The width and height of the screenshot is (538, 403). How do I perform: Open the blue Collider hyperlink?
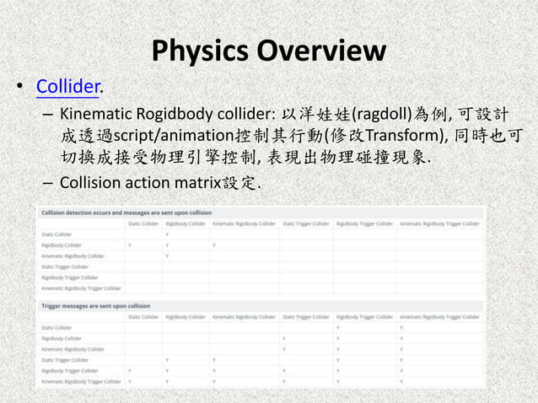tap(68, 86)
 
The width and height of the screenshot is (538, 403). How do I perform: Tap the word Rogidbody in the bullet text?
tap(178, 115)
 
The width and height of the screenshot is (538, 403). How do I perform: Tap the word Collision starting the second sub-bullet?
tap(92, 183)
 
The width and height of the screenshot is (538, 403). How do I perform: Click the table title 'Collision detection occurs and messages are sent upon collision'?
tap(126, 212)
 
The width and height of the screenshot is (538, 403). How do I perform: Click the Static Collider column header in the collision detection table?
tap(143, 223)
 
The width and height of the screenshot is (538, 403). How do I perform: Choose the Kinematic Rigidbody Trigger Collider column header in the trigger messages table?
tap(439, 316)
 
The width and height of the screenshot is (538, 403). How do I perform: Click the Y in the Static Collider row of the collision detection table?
tap(168, 234)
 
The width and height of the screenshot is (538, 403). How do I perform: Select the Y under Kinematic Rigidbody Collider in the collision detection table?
tap(215, 244)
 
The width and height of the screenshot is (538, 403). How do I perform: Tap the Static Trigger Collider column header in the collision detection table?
tap(304, 223)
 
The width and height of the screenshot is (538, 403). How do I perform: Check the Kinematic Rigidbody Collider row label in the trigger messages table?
tap(73, 348)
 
